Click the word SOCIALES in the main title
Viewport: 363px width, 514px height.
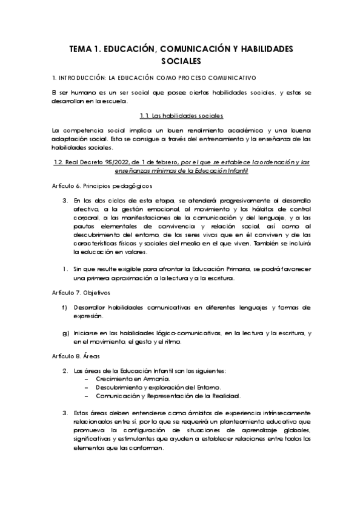point(181,61)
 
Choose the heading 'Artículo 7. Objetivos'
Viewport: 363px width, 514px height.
point(80,292)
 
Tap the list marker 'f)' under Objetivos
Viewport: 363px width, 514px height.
point(65,307)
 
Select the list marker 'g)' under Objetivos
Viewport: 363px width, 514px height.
point(65,333)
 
